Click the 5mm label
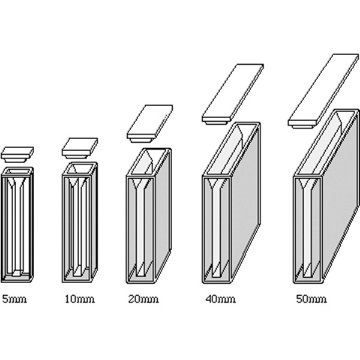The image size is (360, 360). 14,299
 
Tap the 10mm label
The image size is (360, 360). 80,299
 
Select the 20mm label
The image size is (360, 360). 143,299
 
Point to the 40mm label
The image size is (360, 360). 220,299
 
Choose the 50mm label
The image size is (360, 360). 311,299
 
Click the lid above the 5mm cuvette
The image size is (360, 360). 17,154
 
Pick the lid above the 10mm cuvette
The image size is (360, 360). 80,148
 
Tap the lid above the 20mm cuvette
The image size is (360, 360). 149,124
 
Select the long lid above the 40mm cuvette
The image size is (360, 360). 233,94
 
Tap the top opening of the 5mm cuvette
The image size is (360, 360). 17,171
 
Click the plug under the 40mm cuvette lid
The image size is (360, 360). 216,122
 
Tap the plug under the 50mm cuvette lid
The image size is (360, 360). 302,126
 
